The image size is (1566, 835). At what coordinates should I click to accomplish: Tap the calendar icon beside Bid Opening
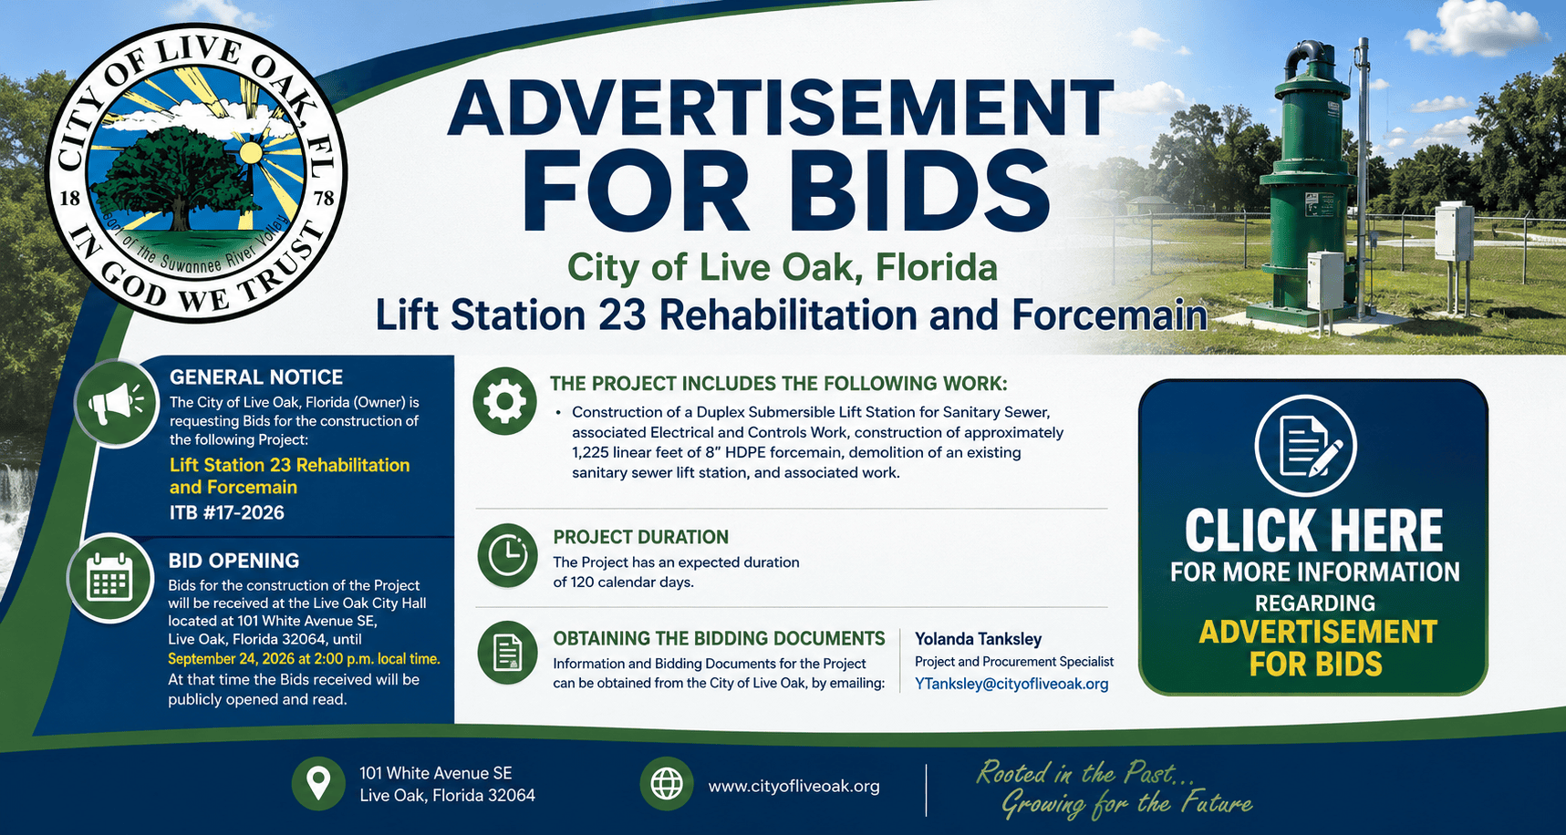click(x=109, y=579)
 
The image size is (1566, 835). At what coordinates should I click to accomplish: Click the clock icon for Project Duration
click(x=507, y=555)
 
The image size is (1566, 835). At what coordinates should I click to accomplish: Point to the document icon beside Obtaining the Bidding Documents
click(x=507, y=653)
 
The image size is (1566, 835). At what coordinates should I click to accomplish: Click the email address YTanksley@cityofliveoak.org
click(x=1011, y=684)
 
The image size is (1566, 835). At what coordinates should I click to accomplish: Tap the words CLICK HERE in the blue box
click(x=1313, y=531)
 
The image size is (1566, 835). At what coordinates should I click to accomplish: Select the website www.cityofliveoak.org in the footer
click(x=793, y=786)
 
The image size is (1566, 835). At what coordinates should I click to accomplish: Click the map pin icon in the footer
click(x=317, y=783)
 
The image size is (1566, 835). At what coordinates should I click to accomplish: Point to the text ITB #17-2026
click(x=227, y=512)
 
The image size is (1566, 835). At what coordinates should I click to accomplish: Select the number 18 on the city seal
click(x=69, y=199)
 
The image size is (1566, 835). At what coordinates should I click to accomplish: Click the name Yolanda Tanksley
click(x=978, y=639)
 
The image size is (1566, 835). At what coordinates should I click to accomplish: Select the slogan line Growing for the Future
click(x=1127, y=804)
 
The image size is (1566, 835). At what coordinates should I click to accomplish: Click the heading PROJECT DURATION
click(x=641, y=537)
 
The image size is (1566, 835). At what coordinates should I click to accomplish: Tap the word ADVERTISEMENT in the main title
click(x=781, y=108)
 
